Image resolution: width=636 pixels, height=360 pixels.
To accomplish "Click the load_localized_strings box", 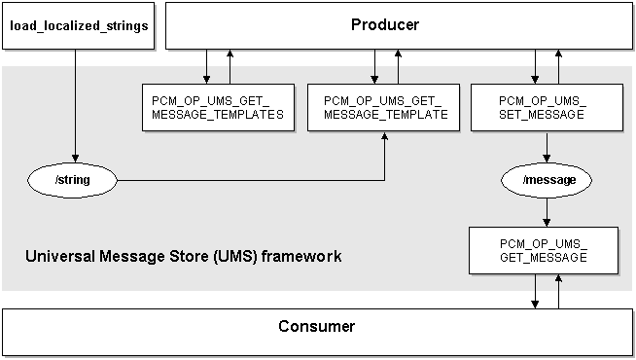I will tap(79, 24).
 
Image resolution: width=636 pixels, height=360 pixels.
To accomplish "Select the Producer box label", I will tap(384, 24).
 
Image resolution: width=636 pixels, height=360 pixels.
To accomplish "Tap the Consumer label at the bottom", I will tap(316, 326).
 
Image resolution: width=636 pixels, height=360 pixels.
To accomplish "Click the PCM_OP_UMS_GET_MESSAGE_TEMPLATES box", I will tap(218, 107).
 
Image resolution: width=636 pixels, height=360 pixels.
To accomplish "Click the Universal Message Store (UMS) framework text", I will tap(183, 258).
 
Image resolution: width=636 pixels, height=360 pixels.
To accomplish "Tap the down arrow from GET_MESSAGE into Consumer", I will tap(534, 290).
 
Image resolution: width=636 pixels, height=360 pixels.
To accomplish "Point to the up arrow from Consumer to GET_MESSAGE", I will tap(558, 290).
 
